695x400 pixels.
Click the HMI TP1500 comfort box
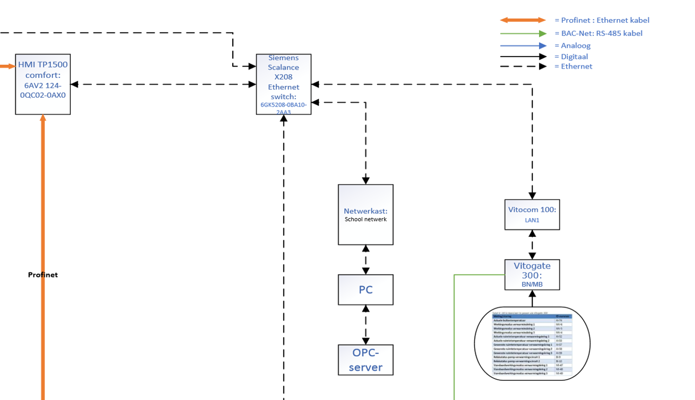tap(43, 84)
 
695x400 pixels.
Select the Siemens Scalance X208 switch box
tap(284, 84)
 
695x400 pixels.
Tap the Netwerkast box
tap(366, 214)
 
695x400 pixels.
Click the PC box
tap(366, 289)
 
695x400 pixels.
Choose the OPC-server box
tap(366, 359)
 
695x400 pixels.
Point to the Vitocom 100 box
tap(532, 214)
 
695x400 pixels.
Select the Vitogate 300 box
tap(532, 274)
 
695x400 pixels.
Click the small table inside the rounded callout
tap(532, 344)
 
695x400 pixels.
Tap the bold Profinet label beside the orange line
tap(43, 275)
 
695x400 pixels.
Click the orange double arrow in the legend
tap(523, 20)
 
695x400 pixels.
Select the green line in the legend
tap(523, 33)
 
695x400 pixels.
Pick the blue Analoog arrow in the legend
tap(523, 46)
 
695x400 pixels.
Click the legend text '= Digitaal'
tap(571, 57)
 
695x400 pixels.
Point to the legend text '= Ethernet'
tap(573, 66)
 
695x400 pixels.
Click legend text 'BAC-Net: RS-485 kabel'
tap(602, 33)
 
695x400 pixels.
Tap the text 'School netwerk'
tap(366, 219)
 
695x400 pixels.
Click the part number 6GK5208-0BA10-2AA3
tap(284, 108)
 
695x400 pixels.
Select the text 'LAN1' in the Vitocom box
tap(532, 220)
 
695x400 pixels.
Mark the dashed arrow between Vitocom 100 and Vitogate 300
tap(532, 245)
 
